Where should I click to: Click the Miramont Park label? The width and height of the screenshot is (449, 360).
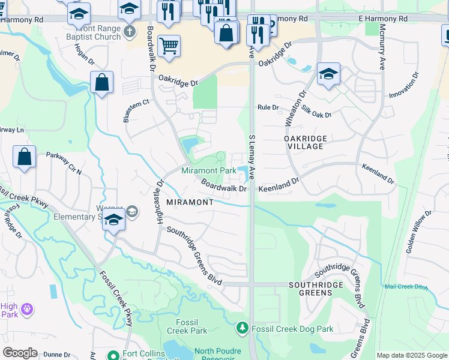click(x=208, y=171)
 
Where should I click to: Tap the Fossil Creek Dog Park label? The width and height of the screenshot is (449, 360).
click(x=292, y=328)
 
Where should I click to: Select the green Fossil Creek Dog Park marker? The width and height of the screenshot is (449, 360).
click(x=242, y=328)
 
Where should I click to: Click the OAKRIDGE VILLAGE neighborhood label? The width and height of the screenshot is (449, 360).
click(x=306, y=142)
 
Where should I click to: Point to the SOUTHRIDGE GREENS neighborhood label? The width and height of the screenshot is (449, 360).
click(x=315, y=289)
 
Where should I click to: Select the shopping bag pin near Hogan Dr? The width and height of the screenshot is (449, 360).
click(x=102, y=82)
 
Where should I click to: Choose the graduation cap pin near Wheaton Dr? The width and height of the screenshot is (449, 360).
click(x=328, y=74)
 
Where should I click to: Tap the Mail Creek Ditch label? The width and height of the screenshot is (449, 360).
click(x=406, y=287)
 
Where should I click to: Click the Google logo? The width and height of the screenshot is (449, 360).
click(x=20, y=353)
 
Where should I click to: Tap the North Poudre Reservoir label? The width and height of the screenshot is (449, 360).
click(x=217, y=355)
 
